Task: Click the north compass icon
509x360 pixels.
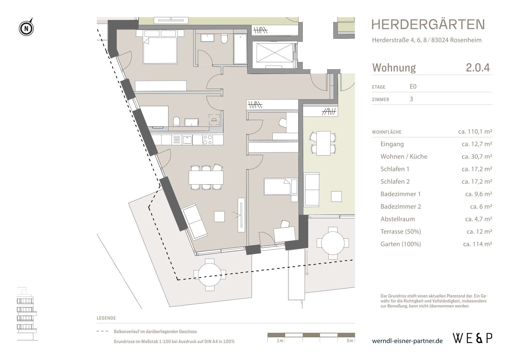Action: [x=27, y=28]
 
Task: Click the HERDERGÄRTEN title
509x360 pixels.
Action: [x=428, y=25]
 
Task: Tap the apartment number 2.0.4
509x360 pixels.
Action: [x=477, y=67]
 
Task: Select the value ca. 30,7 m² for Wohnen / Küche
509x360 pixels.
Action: [x=477, y=156]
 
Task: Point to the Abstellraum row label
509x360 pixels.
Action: [x=397, y=219]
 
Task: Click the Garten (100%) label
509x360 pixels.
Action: [x=400, y=244]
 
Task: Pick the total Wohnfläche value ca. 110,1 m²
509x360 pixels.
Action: [x=475, y=132]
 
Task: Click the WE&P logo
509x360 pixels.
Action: [x=472, y=338]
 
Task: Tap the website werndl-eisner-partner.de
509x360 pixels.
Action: [x=407, y=341]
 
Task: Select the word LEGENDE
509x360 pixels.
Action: [x=106, y=318]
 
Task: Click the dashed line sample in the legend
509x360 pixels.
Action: [x=102, y=332]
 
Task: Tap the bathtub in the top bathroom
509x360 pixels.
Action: [x=240, y=49]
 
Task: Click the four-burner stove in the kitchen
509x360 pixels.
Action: [x=207, y=140]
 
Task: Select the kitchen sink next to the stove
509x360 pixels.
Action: [x=187, y=140]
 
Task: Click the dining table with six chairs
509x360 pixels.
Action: [x=206, y=178]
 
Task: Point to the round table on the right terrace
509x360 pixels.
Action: [x=333, y=243]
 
